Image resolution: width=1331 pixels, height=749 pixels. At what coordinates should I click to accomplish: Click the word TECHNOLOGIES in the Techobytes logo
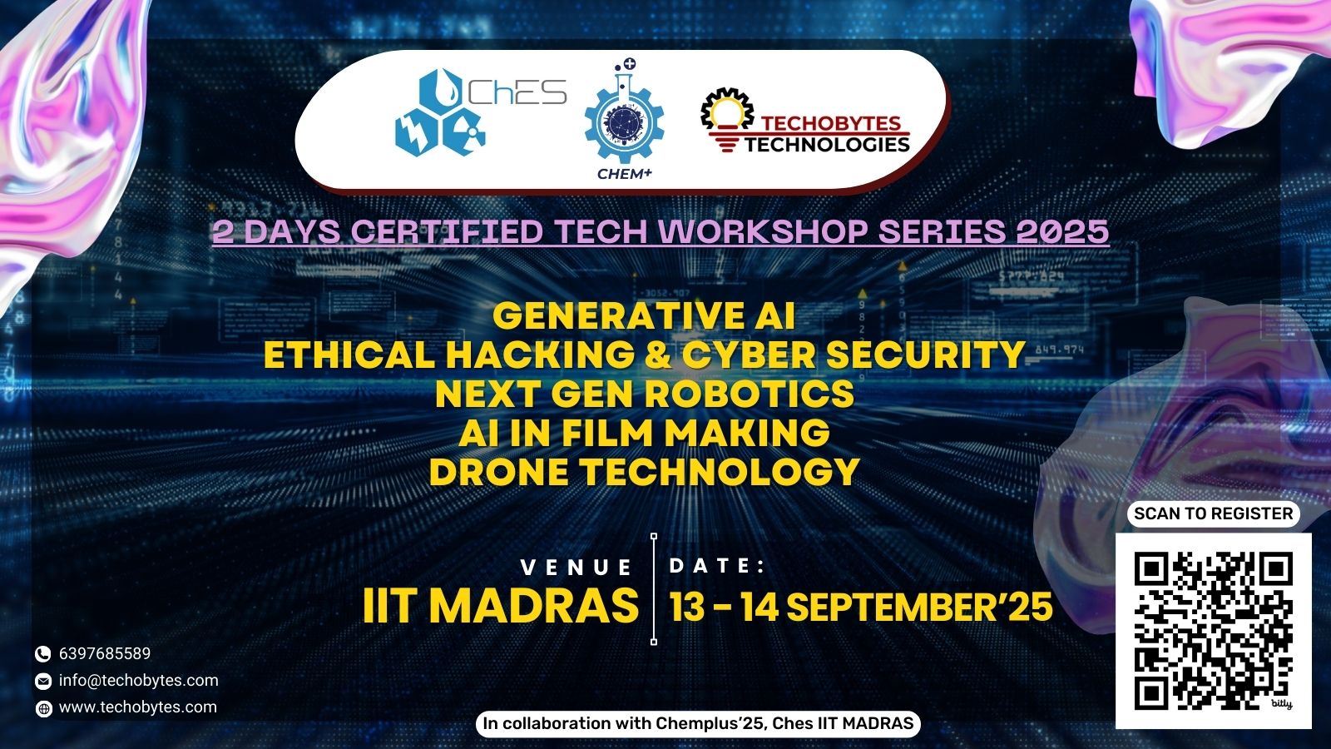[x=827, y=145]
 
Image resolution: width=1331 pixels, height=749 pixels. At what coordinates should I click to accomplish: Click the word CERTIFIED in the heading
[x=446, y=231]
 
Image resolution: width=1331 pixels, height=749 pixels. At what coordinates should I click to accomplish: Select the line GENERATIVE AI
[x=644, y=315]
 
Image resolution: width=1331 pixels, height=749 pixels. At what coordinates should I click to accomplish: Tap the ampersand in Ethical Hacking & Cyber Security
[x=658, y=355]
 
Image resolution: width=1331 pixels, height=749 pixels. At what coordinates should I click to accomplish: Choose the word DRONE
[x=498, y=472]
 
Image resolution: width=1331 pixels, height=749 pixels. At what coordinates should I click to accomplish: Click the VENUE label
[x=576, y=567]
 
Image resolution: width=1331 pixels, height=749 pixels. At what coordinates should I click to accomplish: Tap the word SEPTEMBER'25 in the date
[x=919, y=607]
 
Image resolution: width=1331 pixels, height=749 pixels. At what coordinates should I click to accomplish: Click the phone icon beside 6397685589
[x=42, y=654]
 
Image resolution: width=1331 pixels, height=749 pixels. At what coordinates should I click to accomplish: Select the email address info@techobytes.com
[x=138, y=680]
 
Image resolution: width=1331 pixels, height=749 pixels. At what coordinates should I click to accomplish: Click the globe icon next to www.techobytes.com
[x=43, y=708]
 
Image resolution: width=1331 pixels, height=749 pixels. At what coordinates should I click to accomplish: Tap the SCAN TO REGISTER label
[x=1214, y=513]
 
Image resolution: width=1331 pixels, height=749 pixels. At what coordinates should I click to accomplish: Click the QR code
[x=1214, y=631]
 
